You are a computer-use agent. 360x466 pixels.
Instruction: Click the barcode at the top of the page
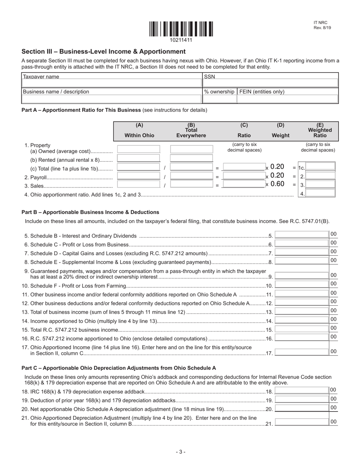(x=181, y=29)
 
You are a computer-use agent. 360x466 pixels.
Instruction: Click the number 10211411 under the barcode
(x=181, y=40)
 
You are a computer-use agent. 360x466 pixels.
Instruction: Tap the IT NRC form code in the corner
(x=320, y=23)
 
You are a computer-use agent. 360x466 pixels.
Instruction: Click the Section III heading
(x=103, y=52)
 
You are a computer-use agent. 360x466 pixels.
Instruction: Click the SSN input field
(x=271, y=83)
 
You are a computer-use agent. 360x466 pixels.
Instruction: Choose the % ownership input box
(x=219, y=99)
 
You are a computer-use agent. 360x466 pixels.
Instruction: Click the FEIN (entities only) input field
(x=287, y=99)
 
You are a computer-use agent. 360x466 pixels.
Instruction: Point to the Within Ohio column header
(x=139, y=135)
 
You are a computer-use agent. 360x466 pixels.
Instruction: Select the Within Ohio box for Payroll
(x=139, y=176)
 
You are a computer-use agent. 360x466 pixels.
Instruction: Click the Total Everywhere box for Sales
(x=192, y=185)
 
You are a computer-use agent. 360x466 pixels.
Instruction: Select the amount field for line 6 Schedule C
(x=302, y=243)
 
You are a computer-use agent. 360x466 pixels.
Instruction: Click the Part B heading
(x=90, y=212)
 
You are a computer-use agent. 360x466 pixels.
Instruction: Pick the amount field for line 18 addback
(x=302, y=390)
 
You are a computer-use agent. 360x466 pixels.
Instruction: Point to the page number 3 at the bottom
(x=180, y=452)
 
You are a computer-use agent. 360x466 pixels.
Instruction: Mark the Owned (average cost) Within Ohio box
(x=139, y=149)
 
